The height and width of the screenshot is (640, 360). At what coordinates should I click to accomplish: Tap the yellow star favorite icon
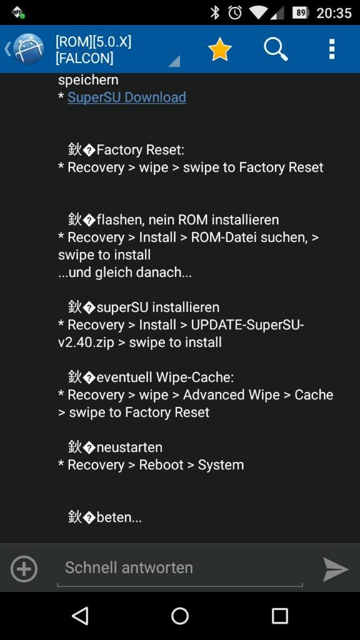coord(219,49)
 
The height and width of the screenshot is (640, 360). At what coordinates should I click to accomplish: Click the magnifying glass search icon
coord(276,49)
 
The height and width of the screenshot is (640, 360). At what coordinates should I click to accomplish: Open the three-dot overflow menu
coord(332,49)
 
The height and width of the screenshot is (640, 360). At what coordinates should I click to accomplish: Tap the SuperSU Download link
coord(127,97)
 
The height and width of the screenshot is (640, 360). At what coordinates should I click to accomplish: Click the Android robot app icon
coord(28,49)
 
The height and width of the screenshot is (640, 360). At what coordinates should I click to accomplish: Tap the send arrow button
coord(336,569)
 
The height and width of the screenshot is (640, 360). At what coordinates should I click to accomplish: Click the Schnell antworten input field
coord(179,567)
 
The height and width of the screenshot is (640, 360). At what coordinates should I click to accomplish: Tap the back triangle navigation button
coord(80,615)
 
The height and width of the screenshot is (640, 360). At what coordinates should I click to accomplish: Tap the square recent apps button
coord(279,616)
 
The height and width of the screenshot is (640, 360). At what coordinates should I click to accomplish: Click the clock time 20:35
coord(334,13)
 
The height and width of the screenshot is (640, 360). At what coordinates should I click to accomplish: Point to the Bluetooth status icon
coord(215,12)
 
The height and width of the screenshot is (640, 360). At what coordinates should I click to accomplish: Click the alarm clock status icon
coord(235,12)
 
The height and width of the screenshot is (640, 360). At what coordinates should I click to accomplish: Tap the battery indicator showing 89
coord(301,13)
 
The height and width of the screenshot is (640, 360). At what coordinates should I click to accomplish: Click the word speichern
coord(88,80)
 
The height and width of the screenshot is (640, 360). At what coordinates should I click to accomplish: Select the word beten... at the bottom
coord(119,517)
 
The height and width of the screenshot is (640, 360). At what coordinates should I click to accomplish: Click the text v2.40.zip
coord(86,342)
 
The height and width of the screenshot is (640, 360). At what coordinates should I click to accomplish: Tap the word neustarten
coord(129,447)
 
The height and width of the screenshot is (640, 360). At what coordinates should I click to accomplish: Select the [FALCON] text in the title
coord(84,58)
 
